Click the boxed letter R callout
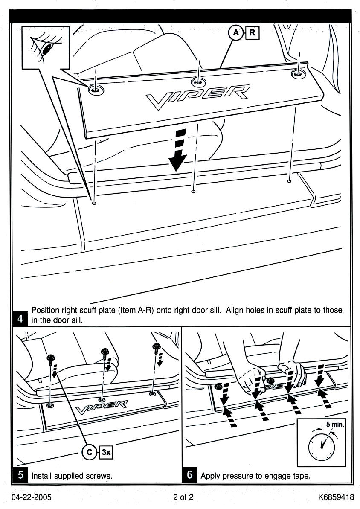coord(252,33)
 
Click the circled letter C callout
coord(89,453)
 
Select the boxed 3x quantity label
coord(105,453)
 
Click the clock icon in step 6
coord(322,444)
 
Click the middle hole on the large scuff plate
coord(197,81)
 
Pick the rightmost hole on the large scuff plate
coord(298,73)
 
